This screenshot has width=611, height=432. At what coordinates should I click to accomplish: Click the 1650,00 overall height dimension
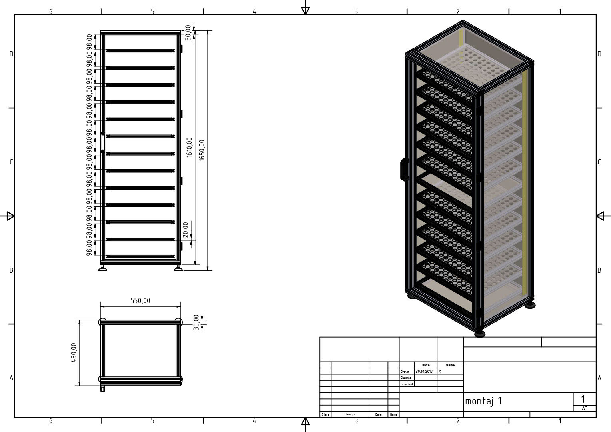pos(202,150)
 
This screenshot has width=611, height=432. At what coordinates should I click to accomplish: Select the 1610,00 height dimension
pos(189,147)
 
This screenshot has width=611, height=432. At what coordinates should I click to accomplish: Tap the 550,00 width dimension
pos(140,301)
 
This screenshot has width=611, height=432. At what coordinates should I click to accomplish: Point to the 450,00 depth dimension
pos(74,352)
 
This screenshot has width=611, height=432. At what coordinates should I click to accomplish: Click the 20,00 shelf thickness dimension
pos(186,230)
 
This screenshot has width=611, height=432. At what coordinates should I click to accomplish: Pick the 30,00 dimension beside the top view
pos(196,322)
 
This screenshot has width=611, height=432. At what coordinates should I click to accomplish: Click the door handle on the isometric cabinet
pos(404,169)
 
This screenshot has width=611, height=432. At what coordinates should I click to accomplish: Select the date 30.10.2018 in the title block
pos(424,372)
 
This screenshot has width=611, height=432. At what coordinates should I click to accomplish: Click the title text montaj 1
pos(483,401)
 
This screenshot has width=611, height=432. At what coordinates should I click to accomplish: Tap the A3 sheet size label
pos(585,408)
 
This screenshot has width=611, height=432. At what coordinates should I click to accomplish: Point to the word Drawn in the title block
pos(405,372)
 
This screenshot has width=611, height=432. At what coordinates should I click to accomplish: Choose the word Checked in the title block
pos(406,378)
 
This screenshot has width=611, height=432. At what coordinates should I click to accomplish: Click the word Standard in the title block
pos(407,384)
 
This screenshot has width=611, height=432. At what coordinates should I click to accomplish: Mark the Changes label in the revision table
pos(350,414)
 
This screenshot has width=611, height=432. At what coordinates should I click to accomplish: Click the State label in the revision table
pos(325,414)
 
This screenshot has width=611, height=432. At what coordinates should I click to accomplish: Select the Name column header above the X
pos(450,365)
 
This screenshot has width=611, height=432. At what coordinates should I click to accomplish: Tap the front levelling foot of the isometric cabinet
pos(480,334)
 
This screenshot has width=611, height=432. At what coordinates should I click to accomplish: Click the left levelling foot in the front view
pos(102,268)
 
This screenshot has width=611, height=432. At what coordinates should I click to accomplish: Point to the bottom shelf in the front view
pos(140,256)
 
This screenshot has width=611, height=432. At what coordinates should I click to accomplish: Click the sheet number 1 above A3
pos(583,399)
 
